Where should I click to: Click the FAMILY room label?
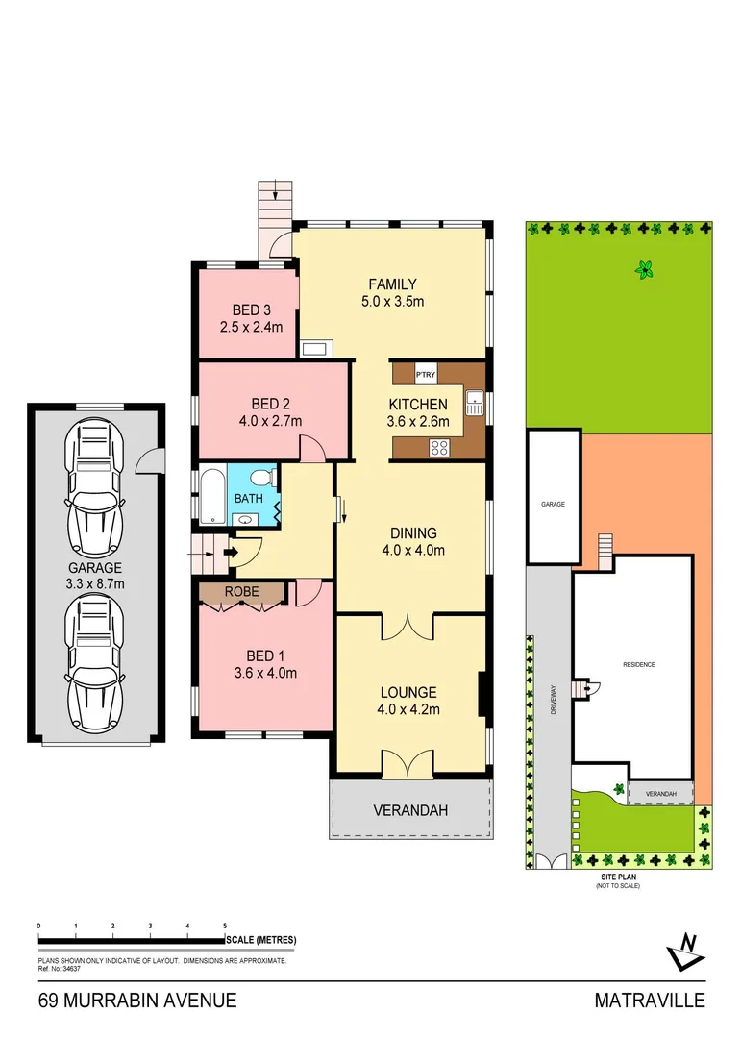(393, 284)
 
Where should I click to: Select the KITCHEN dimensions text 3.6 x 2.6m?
(418, 420)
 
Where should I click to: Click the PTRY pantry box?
(425, 373)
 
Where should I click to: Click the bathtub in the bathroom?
(212, 496)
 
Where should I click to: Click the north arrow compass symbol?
(686, 951)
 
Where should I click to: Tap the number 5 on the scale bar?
(225, 926)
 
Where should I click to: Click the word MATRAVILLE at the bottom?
(649, 1001)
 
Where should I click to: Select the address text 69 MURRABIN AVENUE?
(137, 1001)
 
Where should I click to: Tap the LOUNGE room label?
(408, 692)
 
